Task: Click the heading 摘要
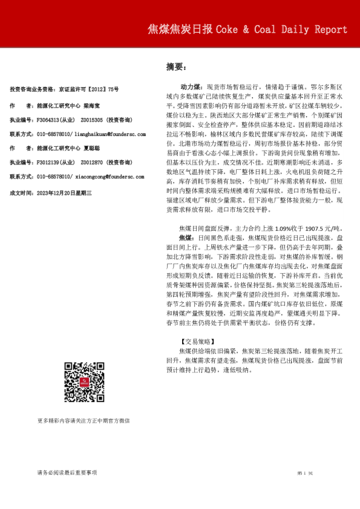click(x=175, y=67)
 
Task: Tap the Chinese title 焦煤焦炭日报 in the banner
click(x=180, y=30)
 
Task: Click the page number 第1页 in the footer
click(x=304, y=472)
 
